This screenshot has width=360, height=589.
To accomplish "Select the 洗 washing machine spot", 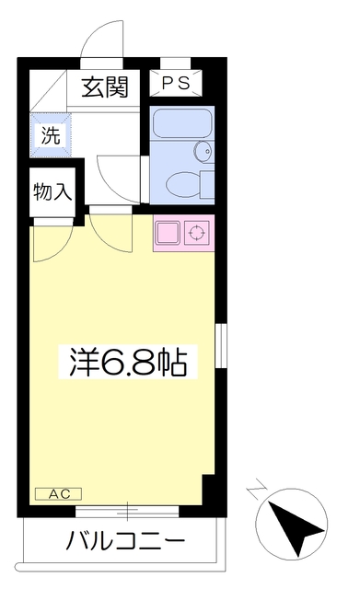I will pos(50,136).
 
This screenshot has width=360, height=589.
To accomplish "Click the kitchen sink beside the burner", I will pos(168,232).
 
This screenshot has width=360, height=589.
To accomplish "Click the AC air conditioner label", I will pos(59,494).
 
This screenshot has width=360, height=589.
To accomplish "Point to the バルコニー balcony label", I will pos(125,540).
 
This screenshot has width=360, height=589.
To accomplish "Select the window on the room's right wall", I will pos(219,349).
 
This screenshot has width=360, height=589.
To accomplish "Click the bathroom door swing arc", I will pos(118,175).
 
